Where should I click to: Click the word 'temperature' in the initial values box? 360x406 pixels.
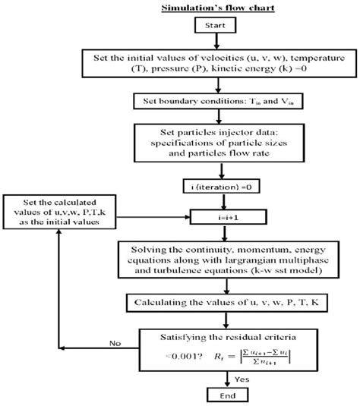click(x=296, y=58)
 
